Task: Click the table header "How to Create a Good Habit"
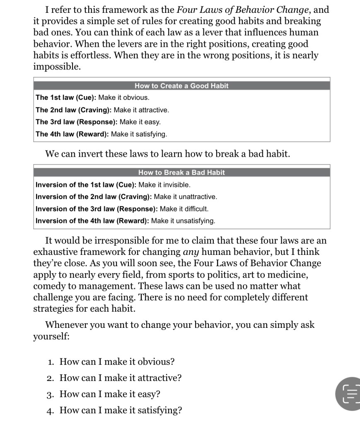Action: (x=181, y=86)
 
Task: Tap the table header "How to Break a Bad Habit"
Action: (x=181, y=172)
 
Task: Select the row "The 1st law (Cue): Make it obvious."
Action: (x=92, y=98)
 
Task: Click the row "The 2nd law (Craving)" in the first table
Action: (x=102, y=110)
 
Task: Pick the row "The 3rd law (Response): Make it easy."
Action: (x=98, y=122)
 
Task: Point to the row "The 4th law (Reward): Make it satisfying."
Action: (x=101, y=134)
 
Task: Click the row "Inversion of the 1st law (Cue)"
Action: (x=113, y=184)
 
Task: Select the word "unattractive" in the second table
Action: (x=197, y=196)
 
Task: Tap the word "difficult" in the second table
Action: (x=193, y=209)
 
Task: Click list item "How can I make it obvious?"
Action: (x=117, y=362)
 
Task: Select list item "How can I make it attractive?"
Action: (x=121, y=378)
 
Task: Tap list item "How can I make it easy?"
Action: (x=110, y=394)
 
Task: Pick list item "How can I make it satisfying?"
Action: (x=121, y=410)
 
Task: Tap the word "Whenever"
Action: (x=66, y=325)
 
